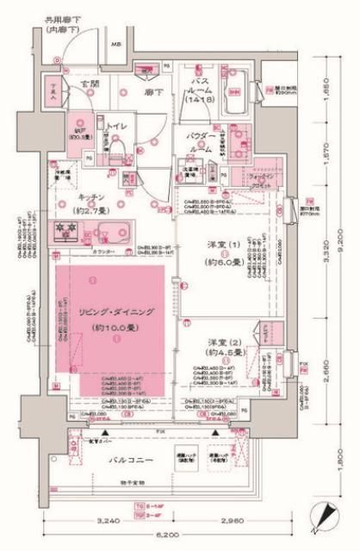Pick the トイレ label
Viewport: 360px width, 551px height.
coord(118,126)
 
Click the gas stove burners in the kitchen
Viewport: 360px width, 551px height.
coord(67,231)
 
